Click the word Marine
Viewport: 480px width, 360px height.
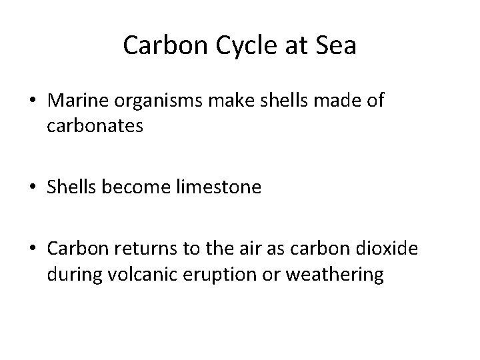tap(76, 101)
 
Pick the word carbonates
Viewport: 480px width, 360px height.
tap(95, 126)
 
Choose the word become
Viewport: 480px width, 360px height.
tap(135, 187)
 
